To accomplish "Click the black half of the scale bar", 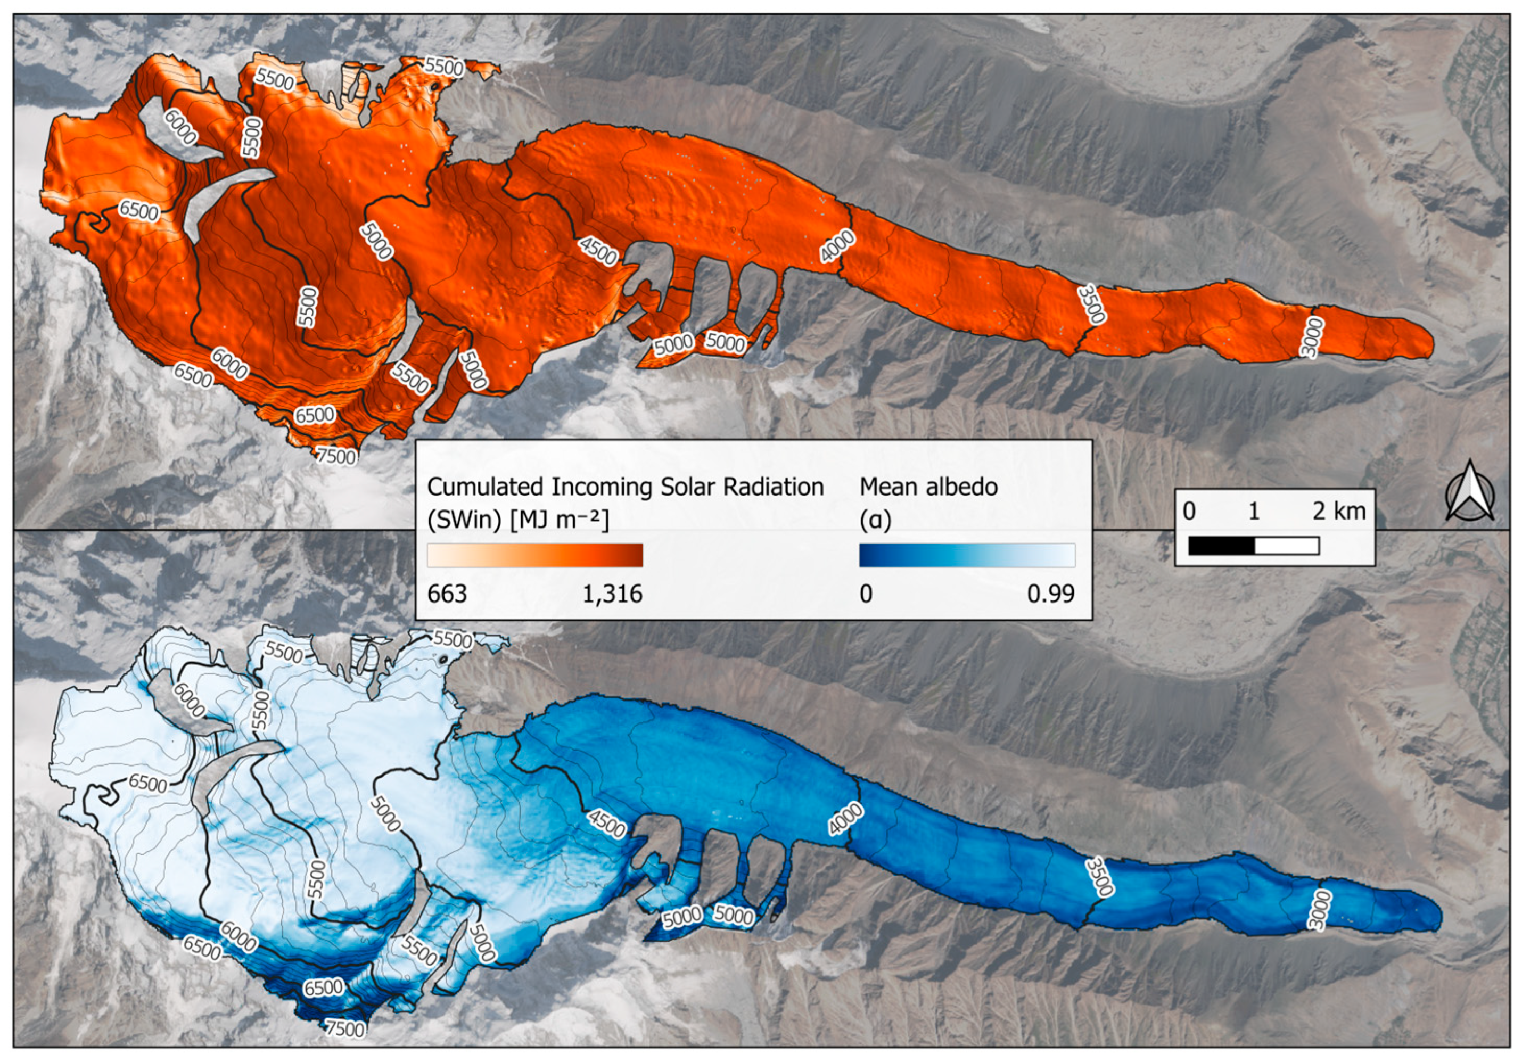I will [x=1221, y=546].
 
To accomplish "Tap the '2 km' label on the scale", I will [x=1339, y=511].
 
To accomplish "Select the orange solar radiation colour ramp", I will [x=535, y=555].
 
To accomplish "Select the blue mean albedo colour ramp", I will [x=967, y=555].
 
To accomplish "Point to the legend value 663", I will [x=448, y=594].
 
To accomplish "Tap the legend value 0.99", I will [x=1051, y=594].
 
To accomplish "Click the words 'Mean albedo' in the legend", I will [x=928, y=487].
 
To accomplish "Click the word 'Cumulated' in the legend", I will [x=483, y=487].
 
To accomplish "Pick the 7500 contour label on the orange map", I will [x=336, y=456].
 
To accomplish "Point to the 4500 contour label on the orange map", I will [x=598, y=250].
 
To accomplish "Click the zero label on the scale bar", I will [x=1190, y=511].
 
